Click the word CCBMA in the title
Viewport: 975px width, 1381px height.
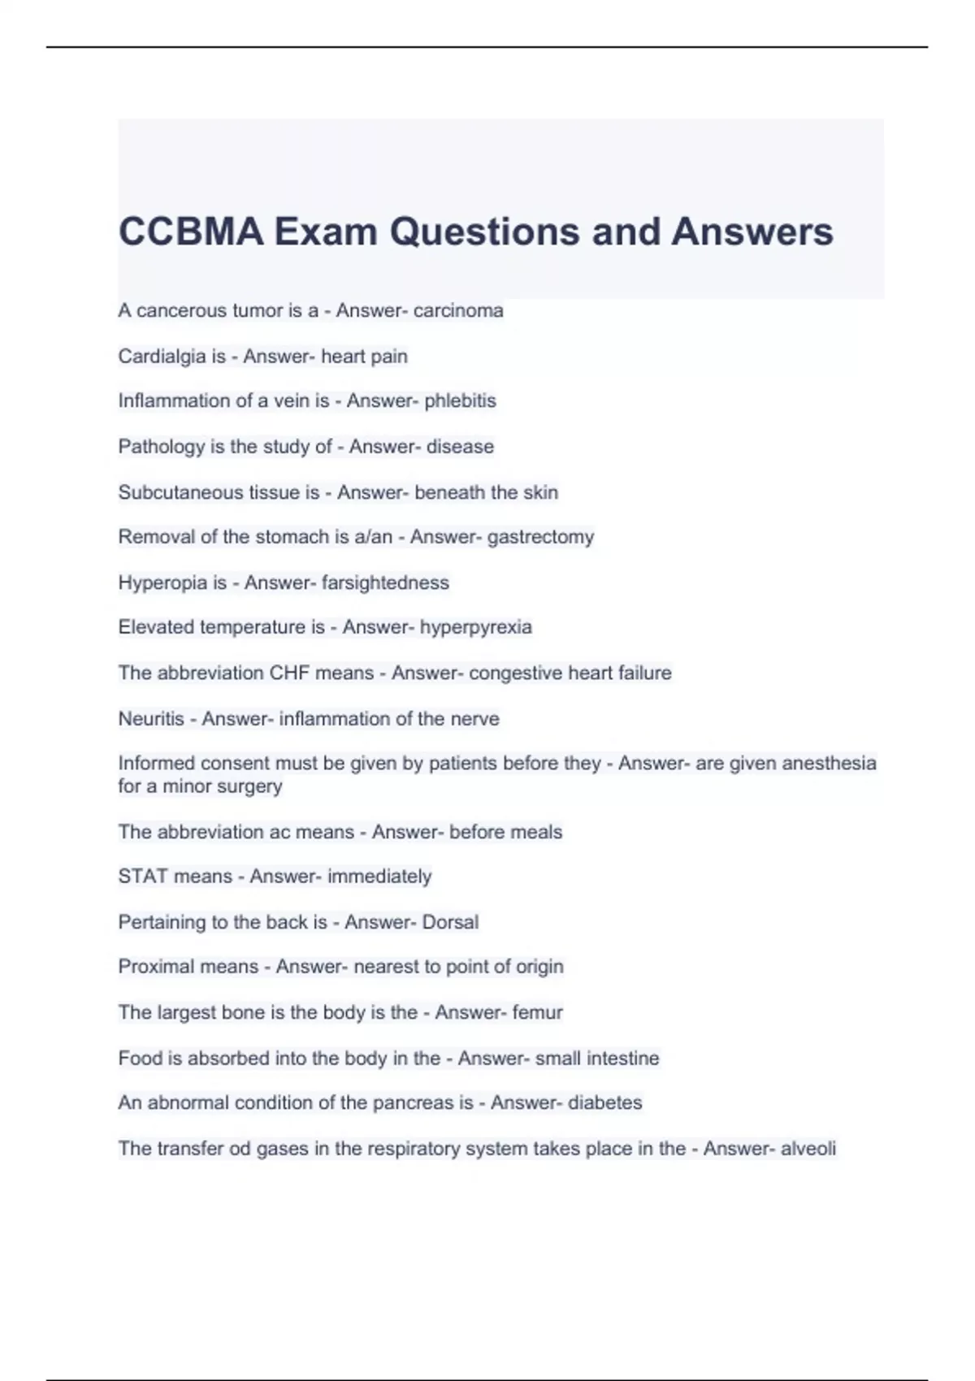191,232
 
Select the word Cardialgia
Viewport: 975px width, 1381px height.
171,356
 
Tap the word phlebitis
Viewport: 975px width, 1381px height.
460,400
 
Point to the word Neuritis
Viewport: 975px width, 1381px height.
151,719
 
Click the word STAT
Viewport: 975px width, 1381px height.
145,877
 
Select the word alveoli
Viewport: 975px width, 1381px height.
808,1149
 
